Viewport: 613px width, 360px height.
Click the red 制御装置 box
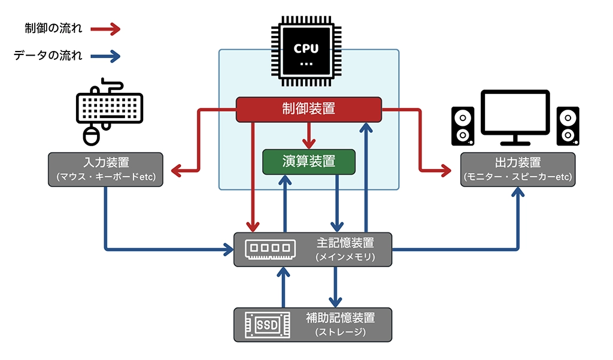click(x=308, y=109)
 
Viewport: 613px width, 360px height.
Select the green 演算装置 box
click(x=309, y=162)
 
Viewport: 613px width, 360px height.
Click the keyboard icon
click(x=110, y=107)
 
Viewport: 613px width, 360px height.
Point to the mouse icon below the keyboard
click(x=90, y=135)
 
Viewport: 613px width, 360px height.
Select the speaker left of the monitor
click(x=463, y=126)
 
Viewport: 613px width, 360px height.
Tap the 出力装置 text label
click(x=518, y=162)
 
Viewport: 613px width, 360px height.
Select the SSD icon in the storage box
click(x=268, y=325)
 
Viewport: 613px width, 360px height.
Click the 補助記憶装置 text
click(x=340, y=317)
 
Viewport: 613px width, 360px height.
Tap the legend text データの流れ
click(x=48, y=56)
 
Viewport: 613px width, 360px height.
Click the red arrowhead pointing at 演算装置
click(x=309, y=144)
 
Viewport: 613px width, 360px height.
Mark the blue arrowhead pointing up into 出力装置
click(x=518, y=192)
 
